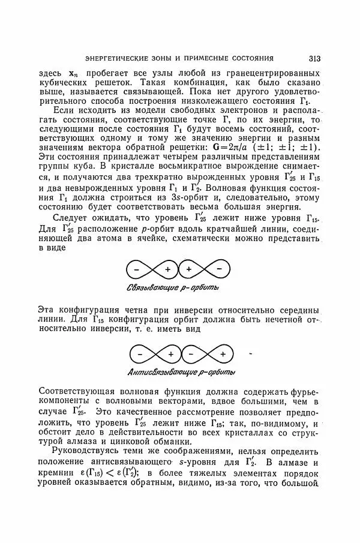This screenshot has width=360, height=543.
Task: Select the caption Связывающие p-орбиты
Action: click(x=173, y=288)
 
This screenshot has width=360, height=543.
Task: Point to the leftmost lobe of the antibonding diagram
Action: click(x=138, y=353)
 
